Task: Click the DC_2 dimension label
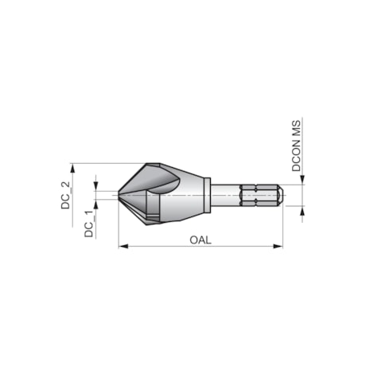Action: tap(67, 194)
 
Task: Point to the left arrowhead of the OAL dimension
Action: tap(122, 247)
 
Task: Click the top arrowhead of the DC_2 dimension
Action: tap(72, 168)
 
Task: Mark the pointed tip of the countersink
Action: tap(119, 194)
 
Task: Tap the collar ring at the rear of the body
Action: tap(206, 194)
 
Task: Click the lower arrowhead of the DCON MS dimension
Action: tap(303, 208)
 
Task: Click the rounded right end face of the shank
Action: tap(281, 194)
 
